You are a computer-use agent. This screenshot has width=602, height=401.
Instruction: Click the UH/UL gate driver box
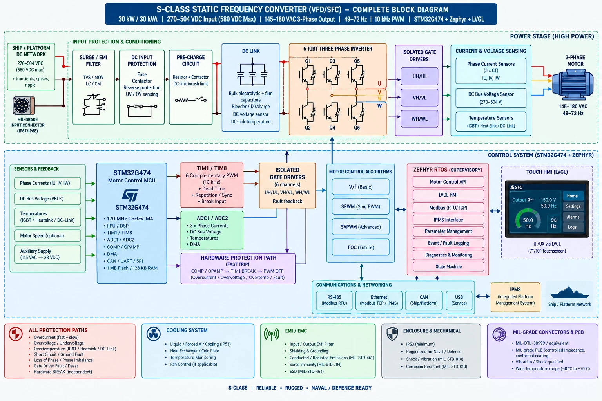tap(419, 76)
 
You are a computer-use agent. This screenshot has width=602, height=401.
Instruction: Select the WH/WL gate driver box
tap(419, 119)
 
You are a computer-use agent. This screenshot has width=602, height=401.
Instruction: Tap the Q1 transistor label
tap(308, 61)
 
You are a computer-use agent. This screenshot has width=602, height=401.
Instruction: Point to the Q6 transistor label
tap(357, 128)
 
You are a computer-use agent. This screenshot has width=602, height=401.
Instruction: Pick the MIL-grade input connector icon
tap(24, 106)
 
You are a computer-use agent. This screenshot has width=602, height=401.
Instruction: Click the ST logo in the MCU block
tap(131, 195)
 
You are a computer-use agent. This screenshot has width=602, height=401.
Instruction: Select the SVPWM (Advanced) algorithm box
tap(361, 227)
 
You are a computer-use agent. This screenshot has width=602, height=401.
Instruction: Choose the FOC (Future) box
tap(361, 247)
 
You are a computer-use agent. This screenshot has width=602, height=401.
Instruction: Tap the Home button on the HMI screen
tap(573, 196)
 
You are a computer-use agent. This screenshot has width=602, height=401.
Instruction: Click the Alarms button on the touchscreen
tap(573, 217)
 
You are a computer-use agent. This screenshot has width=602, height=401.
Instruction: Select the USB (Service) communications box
tap(459, 300)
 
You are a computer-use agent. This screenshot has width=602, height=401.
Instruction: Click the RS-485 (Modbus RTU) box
tap(334, 300)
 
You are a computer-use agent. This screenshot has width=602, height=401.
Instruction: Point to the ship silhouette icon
tap(569, 293)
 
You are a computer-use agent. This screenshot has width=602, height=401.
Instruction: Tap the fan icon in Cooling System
tap(154, 334)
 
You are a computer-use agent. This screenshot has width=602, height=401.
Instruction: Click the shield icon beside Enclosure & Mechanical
tap(392, 334)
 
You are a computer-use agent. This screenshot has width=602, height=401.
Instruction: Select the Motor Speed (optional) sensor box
tap(47, 236)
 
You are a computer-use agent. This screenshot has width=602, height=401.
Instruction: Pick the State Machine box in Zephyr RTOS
tap(448, 267)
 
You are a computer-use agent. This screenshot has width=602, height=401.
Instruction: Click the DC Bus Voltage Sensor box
tap(491, 98)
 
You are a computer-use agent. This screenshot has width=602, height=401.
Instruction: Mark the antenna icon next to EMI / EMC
tap(272, 334)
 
